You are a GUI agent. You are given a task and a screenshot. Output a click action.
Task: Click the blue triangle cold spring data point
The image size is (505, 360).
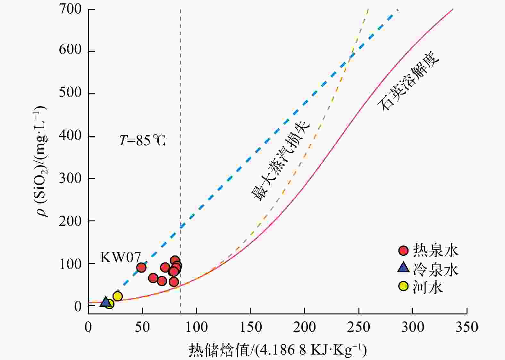[x=105, y=302]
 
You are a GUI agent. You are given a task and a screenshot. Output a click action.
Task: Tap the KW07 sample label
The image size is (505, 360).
[x=121, y=257]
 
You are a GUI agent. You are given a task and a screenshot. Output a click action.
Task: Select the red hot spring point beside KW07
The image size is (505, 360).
[x=141, y=268]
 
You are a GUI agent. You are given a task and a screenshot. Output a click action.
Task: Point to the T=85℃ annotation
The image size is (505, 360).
[x=142, y=141]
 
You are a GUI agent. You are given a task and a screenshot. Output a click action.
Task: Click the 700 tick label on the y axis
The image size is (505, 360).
[x=70, y=9]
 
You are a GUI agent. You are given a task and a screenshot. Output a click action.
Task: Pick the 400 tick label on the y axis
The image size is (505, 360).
[x=70, y=136]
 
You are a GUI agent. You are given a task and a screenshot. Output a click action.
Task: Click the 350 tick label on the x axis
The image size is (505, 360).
[x=467, y=327]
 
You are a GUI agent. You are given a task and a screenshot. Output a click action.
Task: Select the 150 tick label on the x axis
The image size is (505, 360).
[x=250, y=327]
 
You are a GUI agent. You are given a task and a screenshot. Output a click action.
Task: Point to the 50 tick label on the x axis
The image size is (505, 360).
[x=142, y=327]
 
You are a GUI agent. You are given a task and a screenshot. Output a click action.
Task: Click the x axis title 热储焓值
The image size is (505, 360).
[x=277, y=350]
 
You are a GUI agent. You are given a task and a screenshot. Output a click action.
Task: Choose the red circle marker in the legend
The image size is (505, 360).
[x=403, y=251]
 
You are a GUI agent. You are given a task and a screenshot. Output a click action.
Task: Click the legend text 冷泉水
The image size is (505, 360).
[x=435, y=270]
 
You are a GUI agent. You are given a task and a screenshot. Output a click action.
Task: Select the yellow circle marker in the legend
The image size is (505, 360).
[x=403, y=286]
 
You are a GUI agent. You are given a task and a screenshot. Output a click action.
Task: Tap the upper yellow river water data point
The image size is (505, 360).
[x=118, y=296]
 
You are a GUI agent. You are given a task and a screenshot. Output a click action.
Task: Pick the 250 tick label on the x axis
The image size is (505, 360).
[x=359, y=327]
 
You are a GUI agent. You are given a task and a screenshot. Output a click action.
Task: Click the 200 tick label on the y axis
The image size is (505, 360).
[x=70, y=221]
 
